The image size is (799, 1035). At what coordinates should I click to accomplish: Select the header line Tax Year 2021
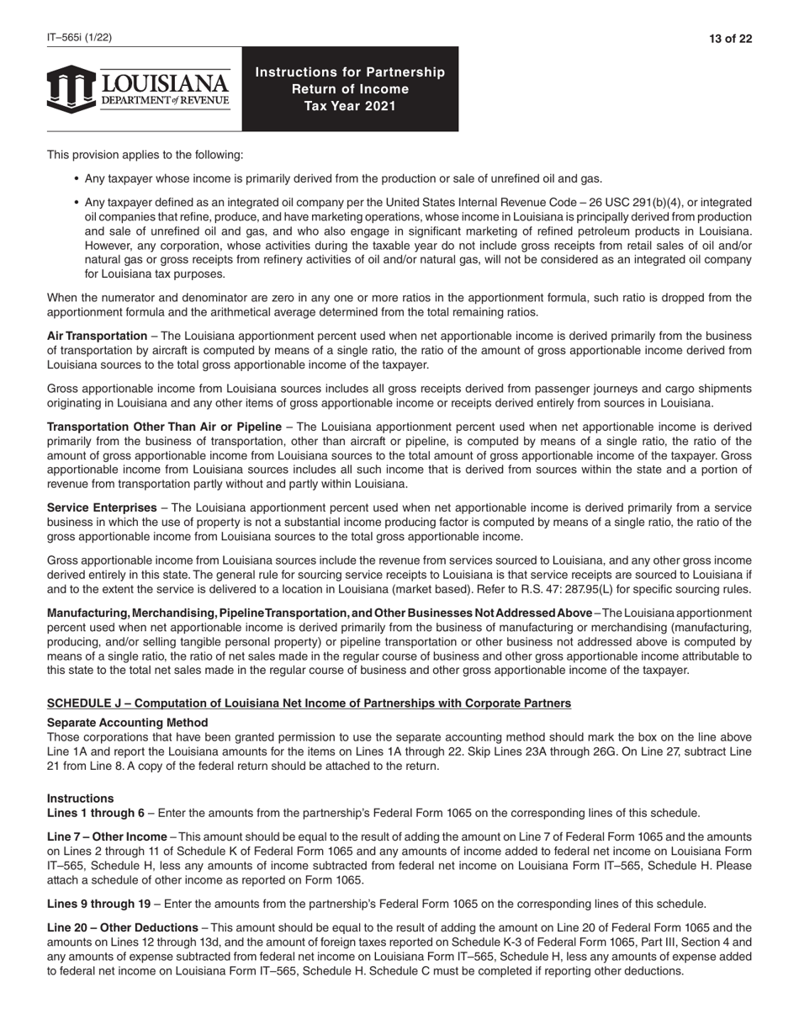pyautogui.click(x=350, y=106)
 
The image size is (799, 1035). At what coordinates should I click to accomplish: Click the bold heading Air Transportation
pyautogui.click(x=97, y=337)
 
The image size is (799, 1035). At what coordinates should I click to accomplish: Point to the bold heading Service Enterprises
pyautogui.click(x=102, y=508)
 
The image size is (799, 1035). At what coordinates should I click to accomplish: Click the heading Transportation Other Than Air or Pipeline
pyautogui.click(x=164, y=427)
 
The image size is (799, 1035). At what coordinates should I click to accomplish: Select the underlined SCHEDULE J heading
pyautogui.click(x=309, y=703)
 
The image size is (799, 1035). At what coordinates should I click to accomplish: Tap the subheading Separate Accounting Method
pyautogui.click(x=127, y=723)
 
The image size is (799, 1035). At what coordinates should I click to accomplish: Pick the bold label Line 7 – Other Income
pyautogui.click(x=107, y=837)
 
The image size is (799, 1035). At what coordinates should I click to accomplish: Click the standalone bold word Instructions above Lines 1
pyautogui.click(x=80, y=799)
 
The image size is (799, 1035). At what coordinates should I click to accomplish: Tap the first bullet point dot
pyautogui.click(x=77, y=179)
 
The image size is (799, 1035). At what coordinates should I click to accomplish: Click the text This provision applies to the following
pyautogui.click(x=145, y=155)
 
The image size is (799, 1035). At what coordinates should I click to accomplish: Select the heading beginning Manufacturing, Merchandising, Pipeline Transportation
pyautogui.click(x=320, y=613)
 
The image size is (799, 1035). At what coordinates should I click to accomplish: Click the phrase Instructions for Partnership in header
pyautogui.click(x=350, y=72)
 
